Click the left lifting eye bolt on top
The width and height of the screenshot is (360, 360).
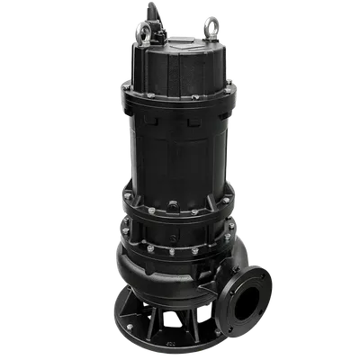tap(143, 30)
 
